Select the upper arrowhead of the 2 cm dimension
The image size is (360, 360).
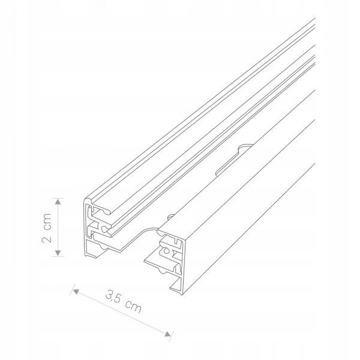point(58,202)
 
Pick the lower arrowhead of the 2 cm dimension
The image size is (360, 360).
point(58,253)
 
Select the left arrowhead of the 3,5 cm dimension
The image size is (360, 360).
point(76,292)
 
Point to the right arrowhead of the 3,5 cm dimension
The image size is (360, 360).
point(168,334)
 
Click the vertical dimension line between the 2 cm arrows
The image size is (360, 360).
point(58,227)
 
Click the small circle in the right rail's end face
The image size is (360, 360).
point(166,251)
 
